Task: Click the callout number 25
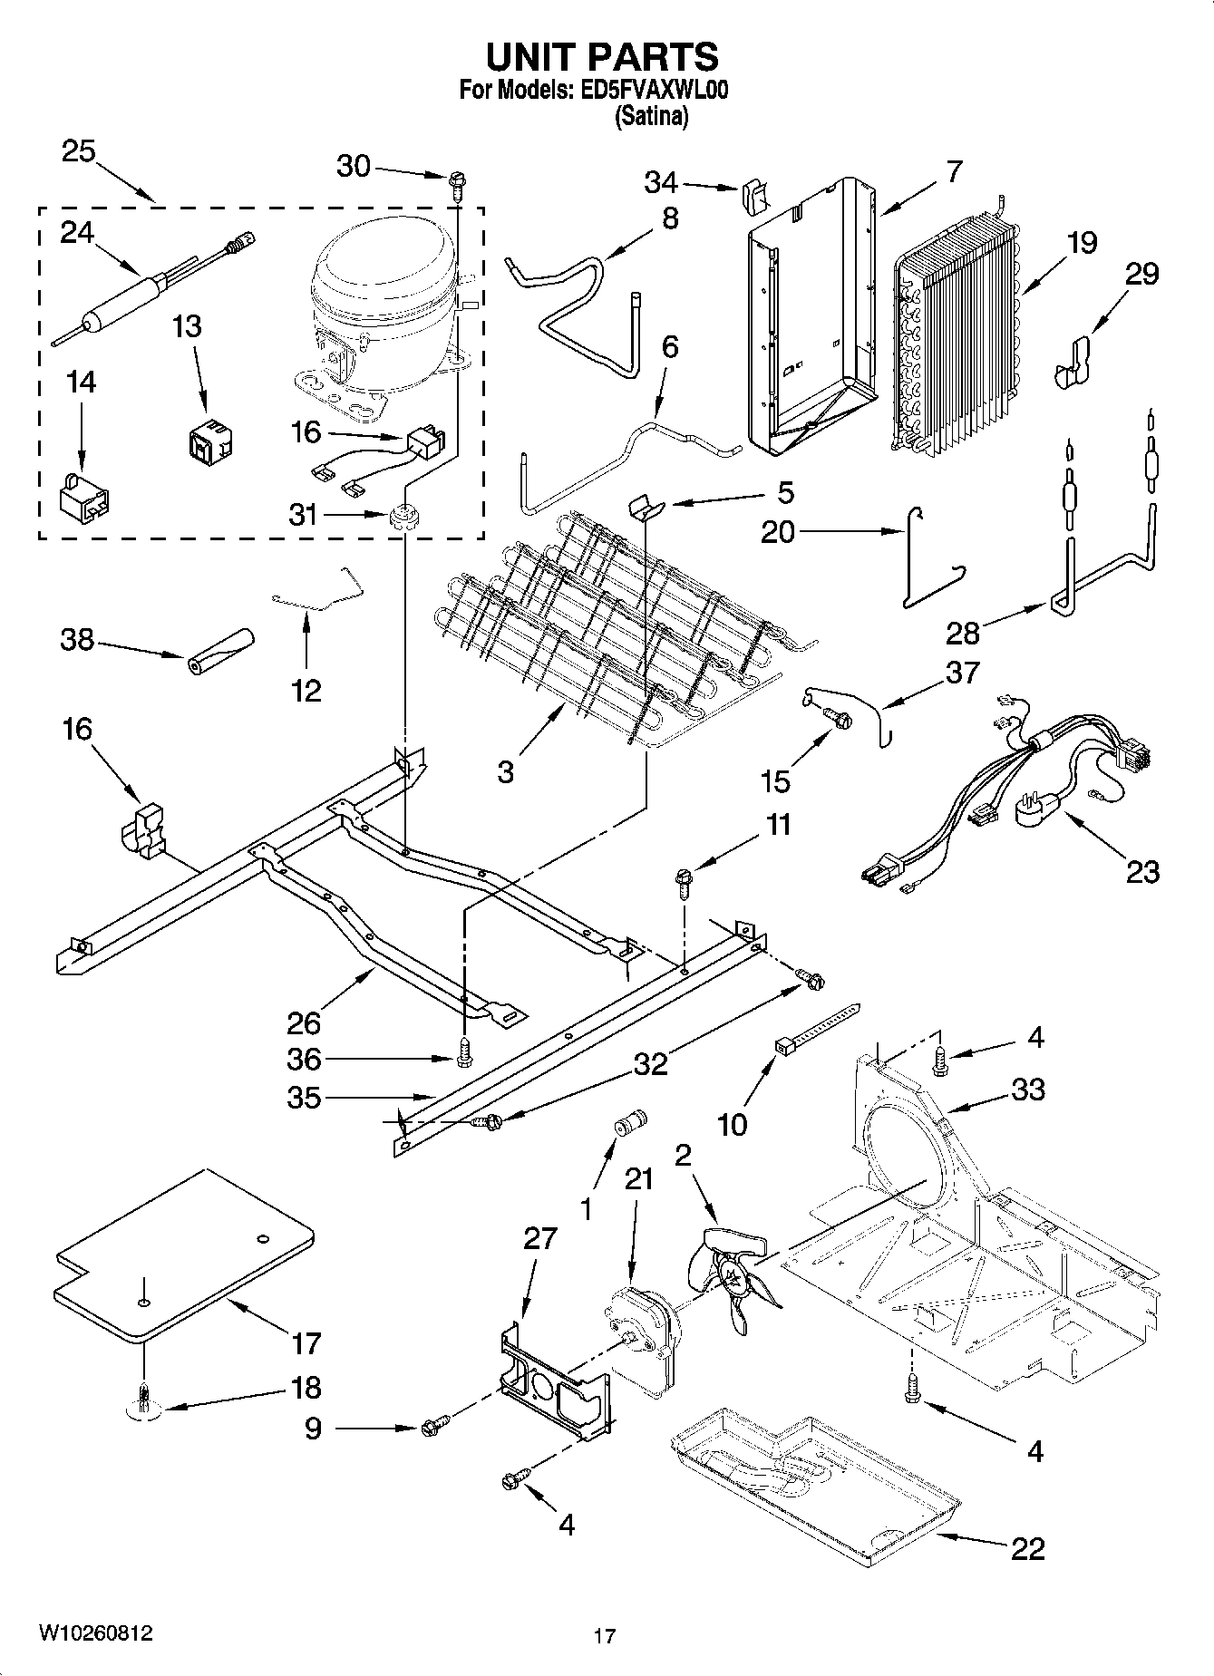[x=78, y=151]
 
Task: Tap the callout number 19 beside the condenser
[x=1081, y=243]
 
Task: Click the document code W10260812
[x=95, y=1632]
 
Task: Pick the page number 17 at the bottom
[x=605, y=1636]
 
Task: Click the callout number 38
[x=76, y=640]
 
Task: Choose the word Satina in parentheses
[x=651, y=117]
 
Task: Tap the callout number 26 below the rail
[x=304, y=1022]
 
